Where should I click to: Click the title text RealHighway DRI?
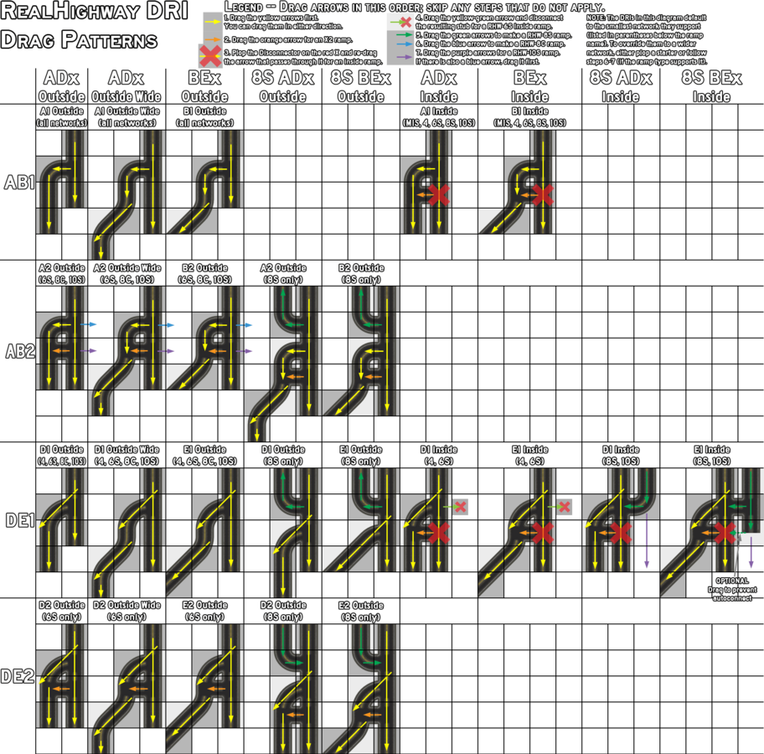[95, 13]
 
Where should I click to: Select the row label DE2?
[18, 675]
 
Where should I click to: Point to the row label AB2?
[18, 350]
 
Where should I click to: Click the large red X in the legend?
[210, 57]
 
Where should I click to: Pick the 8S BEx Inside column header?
[710, 86]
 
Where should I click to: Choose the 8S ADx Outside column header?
[283, 86]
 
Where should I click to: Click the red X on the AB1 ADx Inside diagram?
[437, 195]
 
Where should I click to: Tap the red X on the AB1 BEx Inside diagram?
[542, 195]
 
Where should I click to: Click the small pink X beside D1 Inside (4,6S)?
[461, 507]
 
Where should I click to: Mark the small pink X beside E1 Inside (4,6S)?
[565, 507]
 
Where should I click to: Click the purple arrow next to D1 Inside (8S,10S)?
[646, 545]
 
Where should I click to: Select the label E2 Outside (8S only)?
[360, 610]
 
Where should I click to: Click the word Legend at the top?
[245, 7]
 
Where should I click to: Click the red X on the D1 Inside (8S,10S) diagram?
[620, 532]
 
